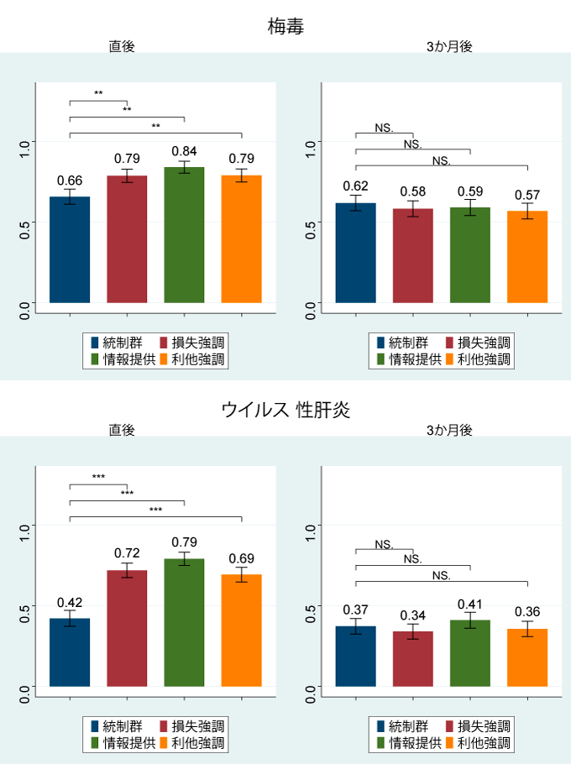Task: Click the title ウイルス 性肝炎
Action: coord(285,410)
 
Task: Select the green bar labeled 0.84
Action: coord(184,235)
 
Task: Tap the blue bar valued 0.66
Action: coord(70,250)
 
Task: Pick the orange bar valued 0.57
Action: coord(527,257)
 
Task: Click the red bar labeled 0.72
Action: coord(127,629)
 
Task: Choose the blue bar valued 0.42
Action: coord(70,652)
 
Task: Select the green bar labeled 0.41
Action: coord(470,653)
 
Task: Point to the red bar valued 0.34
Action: coord(413,659)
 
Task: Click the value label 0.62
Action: coord(356,186)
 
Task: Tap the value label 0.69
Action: coord(241,558)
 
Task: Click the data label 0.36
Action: coord(527,612)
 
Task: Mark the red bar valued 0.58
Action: coord(413,255)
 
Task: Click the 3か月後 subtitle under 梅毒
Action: coord(448,47)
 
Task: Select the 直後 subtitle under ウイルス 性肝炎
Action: coord(121,430)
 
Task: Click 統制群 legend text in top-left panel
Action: coord(123,343)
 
